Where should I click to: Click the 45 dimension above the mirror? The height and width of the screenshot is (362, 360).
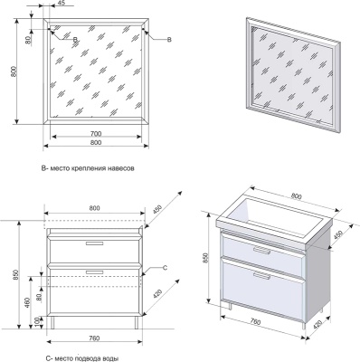(x=61, y=3)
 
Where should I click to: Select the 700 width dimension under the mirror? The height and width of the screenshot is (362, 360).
(x=96, y=133)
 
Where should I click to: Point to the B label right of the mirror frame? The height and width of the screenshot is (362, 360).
(x=169, y=40)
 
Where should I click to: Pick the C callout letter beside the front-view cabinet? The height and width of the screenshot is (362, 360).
(x=165, y=267)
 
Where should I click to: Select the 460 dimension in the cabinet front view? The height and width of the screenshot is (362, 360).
(x=27, y=303)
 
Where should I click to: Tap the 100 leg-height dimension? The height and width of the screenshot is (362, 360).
(x=36, y=322)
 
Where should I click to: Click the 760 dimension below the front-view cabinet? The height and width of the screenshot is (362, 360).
(x=94, y=338)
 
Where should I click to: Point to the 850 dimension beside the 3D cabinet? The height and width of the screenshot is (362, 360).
(x=206, y=259)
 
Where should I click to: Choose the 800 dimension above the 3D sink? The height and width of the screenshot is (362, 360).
(x=296, y=196)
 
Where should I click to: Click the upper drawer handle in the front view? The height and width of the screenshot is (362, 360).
(x=95, y=243)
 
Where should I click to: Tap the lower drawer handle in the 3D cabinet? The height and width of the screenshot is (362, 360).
(x=262, y=276)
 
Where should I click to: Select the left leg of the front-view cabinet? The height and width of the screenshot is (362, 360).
(x=53, y=323)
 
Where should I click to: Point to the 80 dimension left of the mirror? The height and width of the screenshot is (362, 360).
(x=27, y=40)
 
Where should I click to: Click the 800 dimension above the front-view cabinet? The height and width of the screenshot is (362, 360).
(x=94, y=208)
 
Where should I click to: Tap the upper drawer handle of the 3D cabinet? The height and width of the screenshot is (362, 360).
(x=262, y=250)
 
